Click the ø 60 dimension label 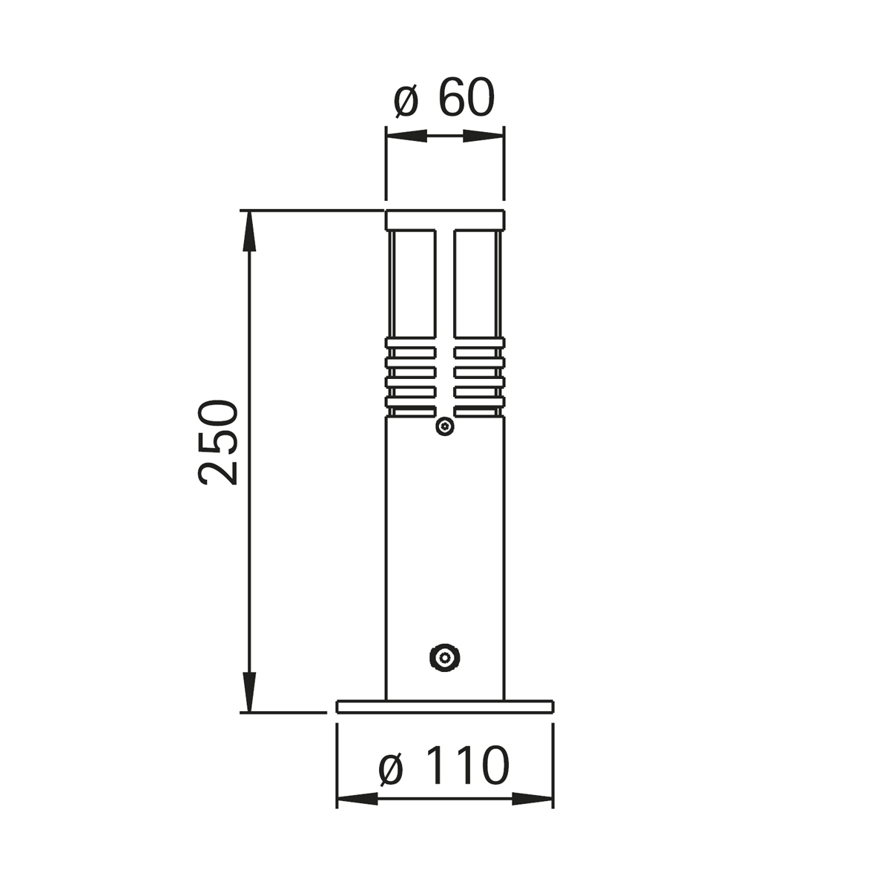click(x=444, y=99)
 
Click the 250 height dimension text click(x=217, y=443)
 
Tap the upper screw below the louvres click(x=445, y=426)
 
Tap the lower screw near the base click(x=444, y=657)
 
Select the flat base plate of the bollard click(x=445, y=707)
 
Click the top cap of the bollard click(x=445, y=220)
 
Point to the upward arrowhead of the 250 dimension click(x=249, y=231)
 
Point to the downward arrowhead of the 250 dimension click(x=249, y=692)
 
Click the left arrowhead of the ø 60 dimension click(x=406, y=136)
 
